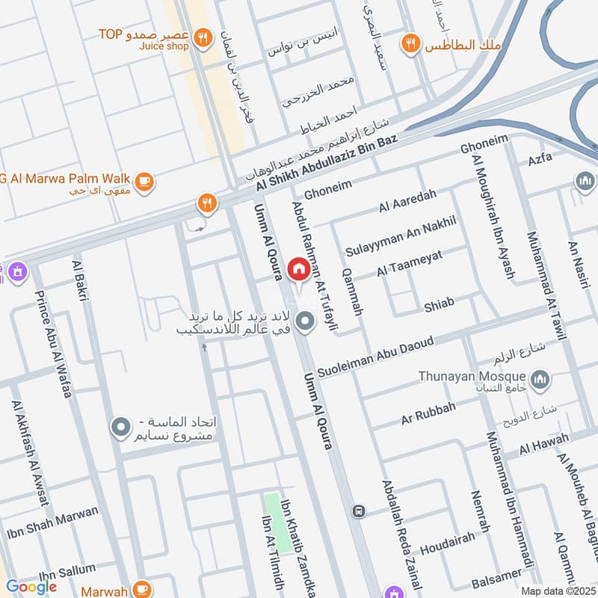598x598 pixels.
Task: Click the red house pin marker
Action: (x=298, y=270)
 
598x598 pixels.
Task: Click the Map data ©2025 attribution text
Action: (x=558, y=591)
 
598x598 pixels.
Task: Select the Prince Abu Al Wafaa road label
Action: (x=52, y=343)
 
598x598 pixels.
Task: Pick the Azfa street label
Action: (x=540, y=158)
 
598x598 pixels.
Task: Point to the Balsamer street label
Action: (x=495, y=580)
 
